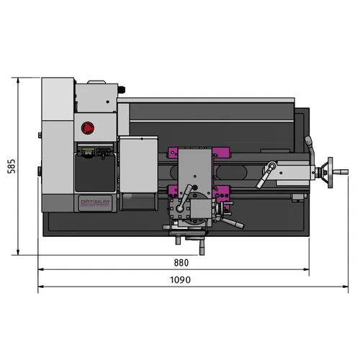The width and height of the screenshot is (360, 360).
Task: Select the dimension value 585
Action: (11, 166)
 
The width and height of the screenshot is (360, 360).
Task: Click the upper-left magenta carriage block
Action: (172, 153)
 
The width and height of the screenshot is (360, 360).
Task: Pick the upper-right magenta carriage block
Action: (220, 153)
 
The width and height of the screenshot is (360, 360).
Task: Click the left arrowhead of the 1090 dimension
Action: (40, 287)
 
